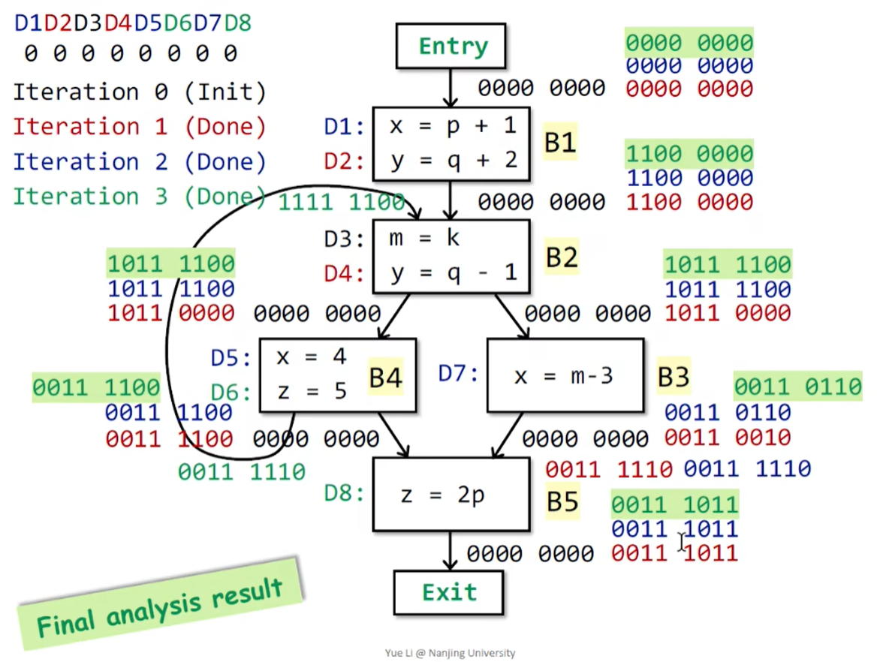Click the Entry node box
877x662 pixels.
[x=451, y=47]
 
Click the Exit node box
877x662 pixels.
[x=449, y=592]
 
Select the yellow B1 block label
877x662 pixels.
[x=559, y=143]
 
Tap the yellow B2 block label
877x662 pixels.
[x=561, y=257]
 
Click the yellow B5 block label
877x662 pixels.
[x=562, y=501]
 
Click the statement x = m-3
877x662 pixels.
[x=563, y=375]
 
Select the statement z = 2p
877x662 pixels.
[x=442, y=495]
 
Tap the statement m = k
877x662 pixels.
[x=423, y=239]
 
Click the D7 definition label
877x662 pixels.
[x=458, y=372]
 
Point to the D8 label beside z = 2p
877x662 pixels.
[x=345, y=494]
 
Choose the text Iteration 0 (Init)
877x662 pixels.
[x=140, y=92]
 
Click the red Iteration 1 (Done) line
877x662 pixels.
[x=140, y=127]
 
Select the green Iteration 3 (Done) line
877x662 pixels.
[x=140, y=197]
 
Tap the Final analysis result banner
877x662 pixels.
[x=160, y=603]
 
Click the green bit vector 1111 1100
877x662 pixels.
[x=342, y=202]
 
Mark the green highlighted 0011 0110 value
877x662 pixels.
[x=797, y=387]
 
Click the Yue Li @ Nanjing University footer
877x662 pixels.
[x=449, y=653]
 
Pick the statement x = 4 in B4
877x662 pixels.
[x=311, y=357]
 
